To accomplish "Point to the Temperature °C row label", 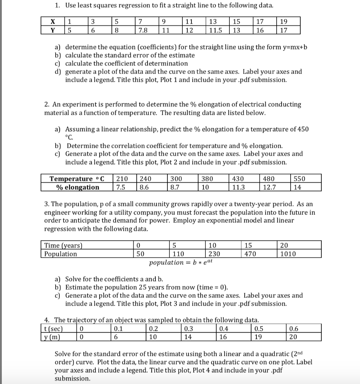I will point(76,178).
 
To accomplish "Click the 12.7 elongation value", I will point(269,187).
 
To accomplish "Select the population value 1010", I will point(288,254).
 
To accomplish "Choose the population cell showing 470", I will point(250,254).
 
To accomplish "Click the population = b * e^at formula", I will point(181,262).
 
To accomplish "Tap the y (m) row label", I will point(52,337).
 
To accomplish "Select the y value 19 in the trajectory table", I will point(257,337).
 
